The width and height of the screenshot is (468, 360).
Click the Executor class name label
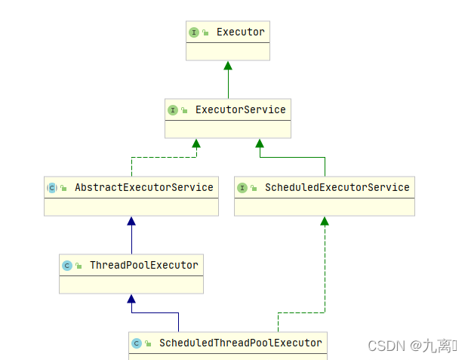click(x=240, y=32)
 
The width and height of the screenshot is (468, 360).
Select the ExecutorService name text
click(x=240, y=110)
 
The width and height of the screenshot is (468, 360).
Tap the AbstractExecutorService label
click(x=143, y=187)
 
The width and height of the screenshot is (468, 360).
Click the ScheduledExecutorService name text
click(x=337, y=187)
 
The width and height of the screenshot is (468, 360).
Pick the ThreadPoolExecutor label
click(x=143, y=265)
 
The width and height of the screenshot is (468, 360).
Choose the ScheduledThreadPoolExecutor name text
click(x=240, y=343)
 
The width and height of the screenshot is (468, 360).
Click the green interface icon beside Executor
click(x=194, y=32)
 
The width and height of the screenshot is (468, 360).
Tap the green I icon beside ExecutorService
click(x=173, y=110)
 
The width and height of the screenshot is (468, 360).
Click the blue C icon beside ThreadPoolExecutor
click(x=67, y=265)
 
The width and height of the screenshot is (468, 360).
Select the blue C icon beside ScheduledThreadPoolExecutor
click(x=137, y=343)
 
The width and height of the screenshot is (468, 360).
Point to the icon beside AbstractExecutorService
click(x=52, y=187)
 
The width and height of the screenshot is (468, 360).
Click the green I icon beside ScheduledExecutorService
click(x=242, y=187)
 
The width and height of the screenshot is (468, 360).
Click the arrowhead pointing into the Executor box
click(x=228, y=66)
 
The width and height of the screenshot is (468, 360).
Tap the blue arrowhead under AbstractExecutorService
click(x=131, y=221)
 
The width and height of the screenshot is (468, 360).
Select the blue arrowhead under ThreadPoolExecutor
click(x=131, y=299)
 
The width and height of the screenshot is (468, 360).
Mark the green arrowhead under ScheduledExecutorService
click(x=325, y=221)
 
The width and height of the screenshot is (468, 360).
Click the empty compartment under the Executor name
click(x=228, y=51)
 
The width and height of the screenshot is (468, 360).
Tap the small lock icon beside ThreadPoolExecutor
click(x=79, y=266)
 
